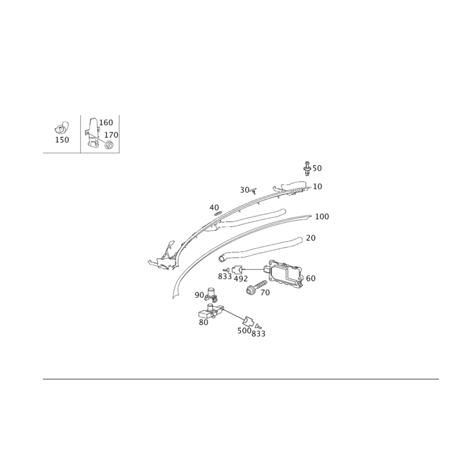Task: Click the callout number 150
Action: (62, 140)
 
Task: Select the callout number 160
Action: (106, 122)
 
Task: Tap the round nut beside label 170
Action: (110, 145)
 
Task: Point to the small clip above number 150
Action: (62, 128)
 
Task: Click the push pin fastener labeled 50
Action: (307, 168)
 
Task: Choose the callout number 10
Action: (317, 186)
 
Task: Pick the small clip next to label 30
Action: (254, 191)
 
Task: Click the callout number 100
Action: (322, 217)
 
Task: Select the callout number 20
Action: (311, 238)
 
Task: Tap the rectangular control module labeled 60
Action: (283, 272)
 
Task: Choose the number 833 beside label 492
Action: (225, 277)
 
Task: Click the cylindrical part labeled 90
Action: (212, 295)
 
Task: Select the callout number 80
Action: (204, 322)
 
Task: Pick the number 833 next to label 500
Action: (259, 334)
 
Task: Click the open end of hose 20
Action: (221, 259)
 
